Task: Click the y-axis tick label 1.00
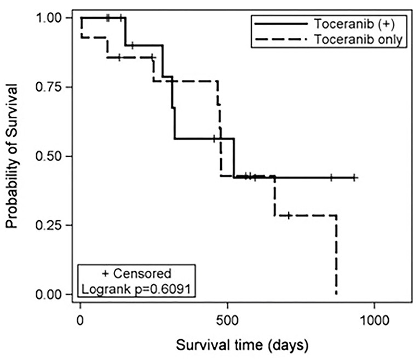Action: tap(49, 18)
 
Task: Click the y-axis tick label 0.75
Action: tap(49, 87)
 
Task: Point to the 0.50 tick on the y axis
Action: tap(49, 156)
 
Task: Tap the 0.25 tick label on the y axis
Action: tap(49, 225)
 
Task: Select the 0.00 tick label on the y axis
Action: tap(49, 295)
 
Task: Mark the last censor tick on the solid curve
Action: tap(355, 178)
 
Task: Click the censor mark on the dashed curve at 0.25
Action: tap(289, 215)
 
